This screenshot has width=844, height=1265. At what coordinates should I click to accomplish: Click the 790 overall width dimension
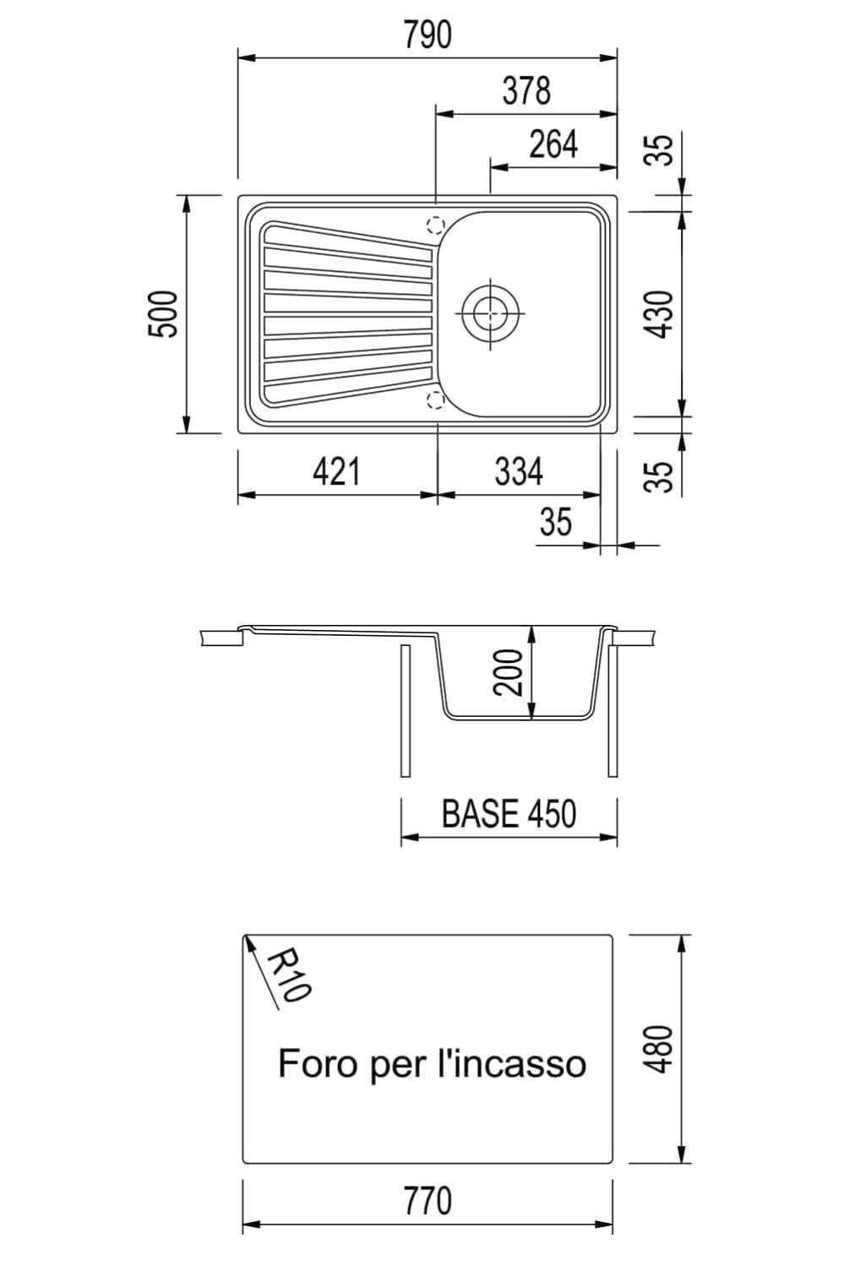(427, 35)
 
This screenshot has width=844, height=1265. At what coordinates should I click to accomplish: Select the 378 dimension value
(526, 91)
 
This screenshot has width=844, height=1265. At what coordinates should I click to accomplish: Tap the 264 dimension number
(553, 144)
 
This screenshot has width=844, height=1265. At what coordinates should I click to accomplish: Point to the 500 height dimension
(163, 314)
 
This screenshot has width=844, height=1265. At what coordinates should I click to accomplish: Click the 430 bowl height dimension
(660, 314)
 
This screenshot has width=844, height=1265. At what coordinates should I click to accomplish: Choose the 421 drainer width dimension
(336, 471)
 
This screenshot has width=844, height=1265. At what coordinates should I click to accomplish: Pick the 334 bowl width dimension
(519, 471)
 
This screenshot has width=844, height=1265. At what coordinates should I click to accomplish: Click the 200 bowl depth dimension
(508, 672)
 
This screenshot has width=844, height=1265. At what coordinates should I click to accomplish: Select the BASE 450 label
(509, 813)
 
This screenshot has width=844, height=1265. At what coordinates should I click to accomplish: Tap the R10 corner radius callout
(287, 975)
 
